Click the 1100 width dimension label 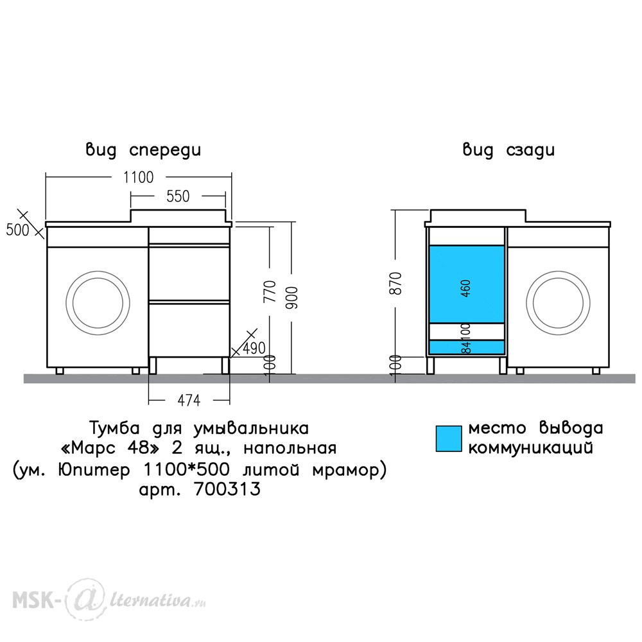[x=139, y=177]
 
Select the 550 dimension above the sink [x=178, y=196]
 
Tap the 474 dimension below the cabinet [x=189, y=400]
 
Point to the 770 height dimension [x=270, y=291]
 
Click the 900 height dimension [x=291, y=298]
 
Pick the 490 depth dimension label [x=254, y=348]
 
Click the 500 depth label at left [x=17, y=230]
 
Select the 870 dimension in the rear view [x=396, y=283]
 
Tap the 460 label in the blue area [x=466, y=288]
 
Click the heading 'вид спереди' [x=143, y=150]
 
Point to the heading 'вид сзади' [x=508, y=150]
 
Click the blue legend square [x=449, y=438]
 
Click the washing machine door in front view [x=98, y=303]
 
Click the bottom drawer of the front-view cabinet [x=189, y=329]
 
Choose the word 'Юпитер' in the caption [x=94, y=469]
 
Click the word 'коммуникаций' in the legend [x=531, y=447]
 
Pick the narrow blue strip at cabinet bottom [x=466, y=347]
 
